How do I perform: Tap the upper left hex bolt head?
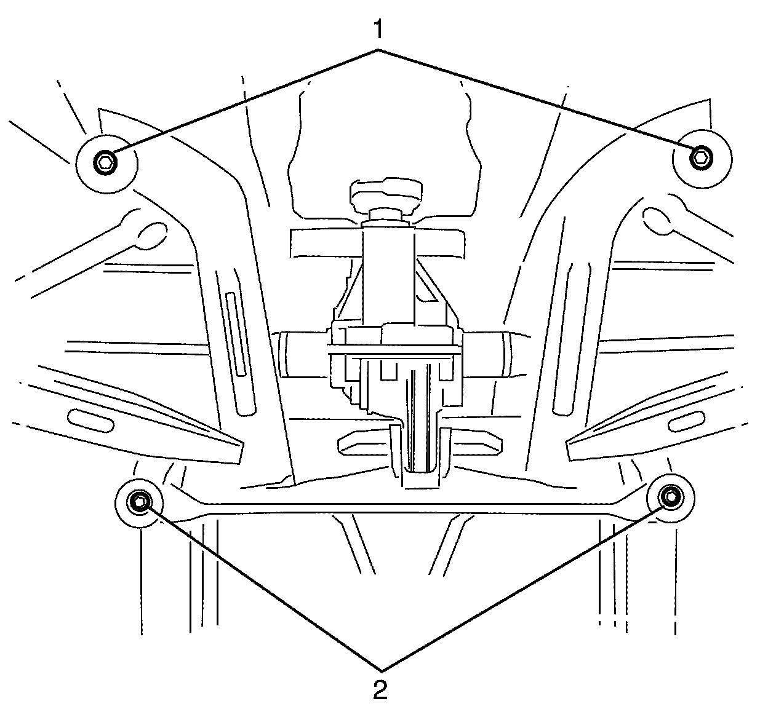[x=105, y=163]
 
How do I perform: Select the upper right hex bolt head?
[x=700, y=158]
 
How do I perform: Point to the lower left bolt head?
[x=139, y=502]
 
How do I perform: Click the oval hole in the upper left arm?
[x=151, y=234]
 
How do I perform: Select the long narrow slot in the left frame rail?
[x=236, y=335]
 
